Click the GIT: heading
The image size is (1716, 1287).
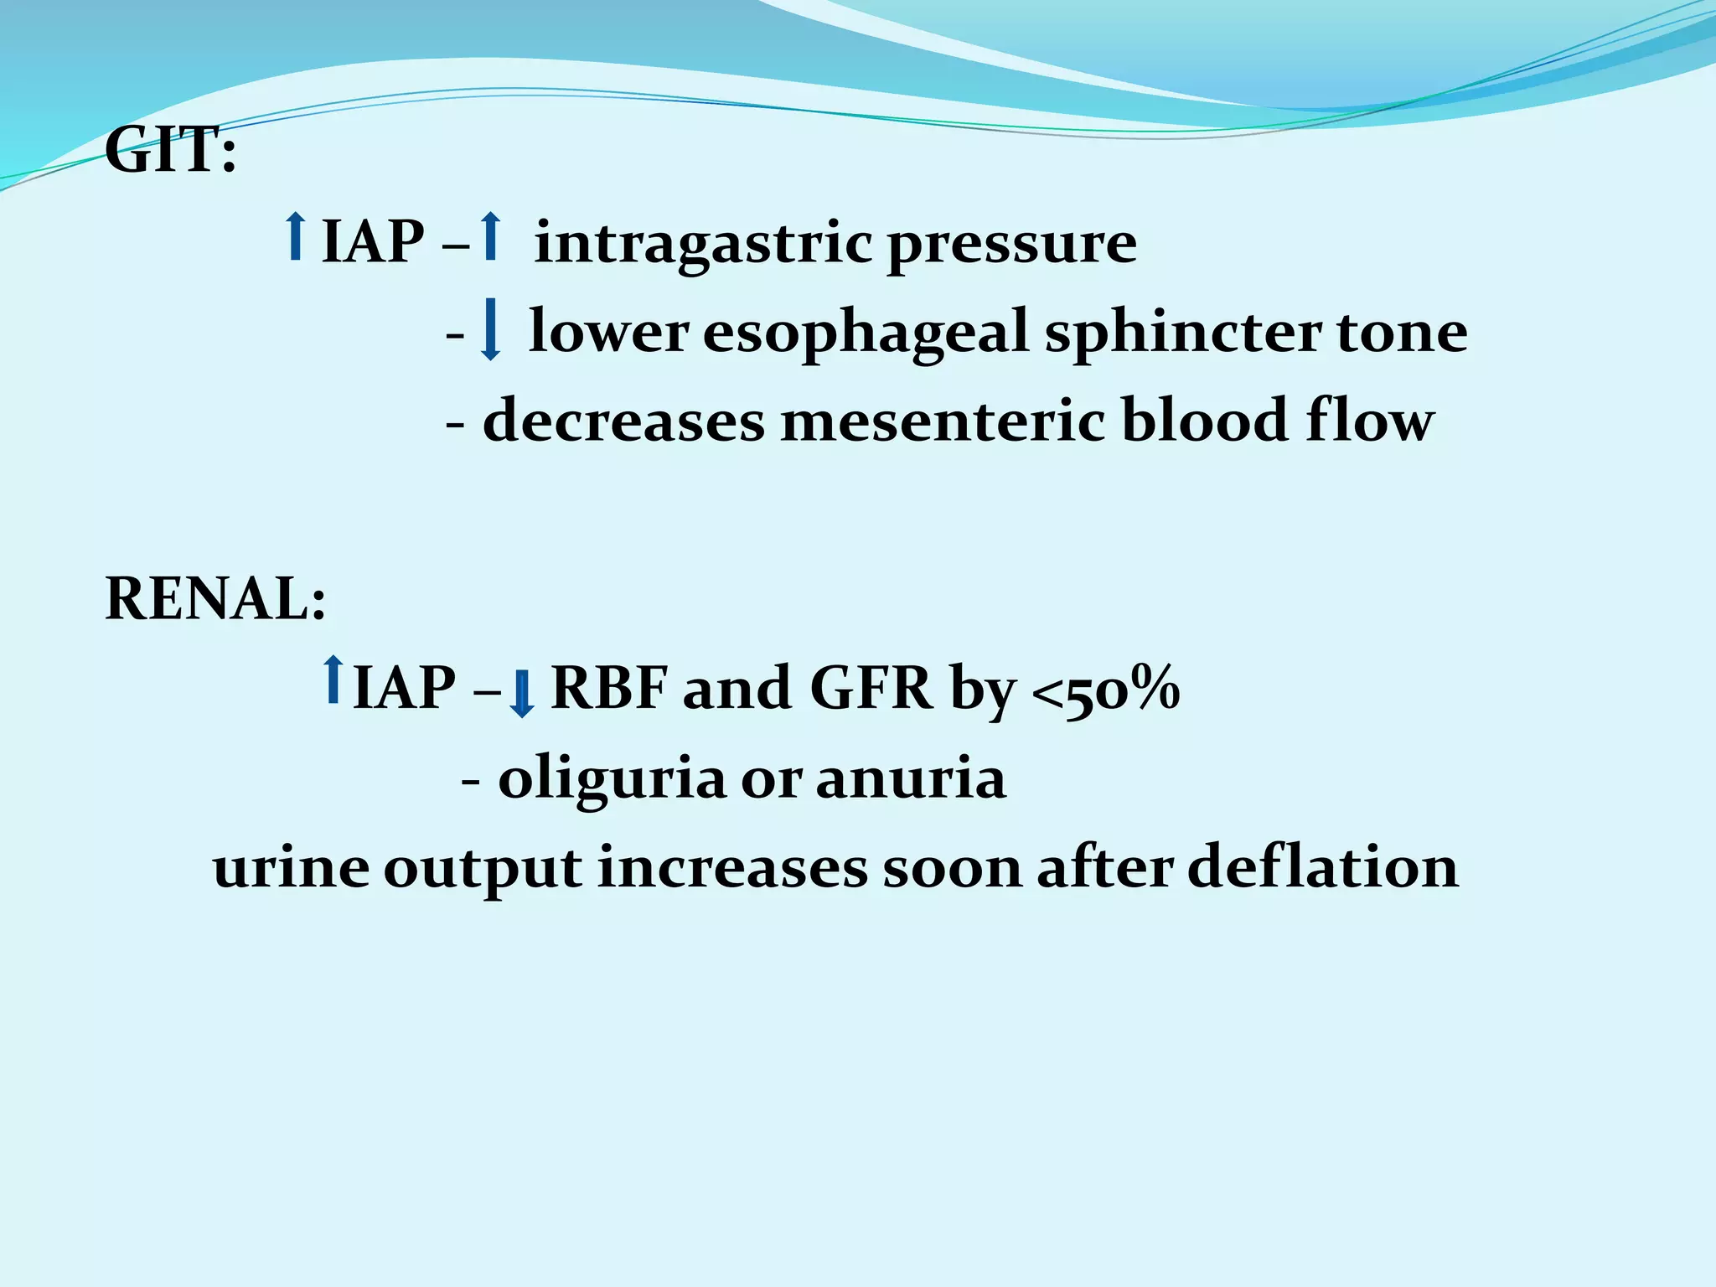pyautogui.click(x=170, y=152)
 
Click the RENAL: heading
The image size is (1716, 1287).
pyautogui.click(x=215, y=600)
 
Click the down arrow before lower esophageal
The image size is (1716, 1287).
pyautogui.click(x=490, y=331)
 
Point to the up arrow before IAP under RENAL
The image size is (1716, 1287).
pyautogui.click(x=333, y=679)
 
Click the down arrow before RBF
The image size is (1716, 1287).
pyautogui.click(x=522, y=694)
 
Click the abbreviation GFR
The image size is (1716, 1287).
pyautogui.click(x=871, y=689)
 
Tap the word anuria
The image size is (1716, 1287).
pyautogui.click(x=910, y=778)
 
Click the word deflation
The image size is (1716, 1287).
pyautogui.click(x=1323, y=867)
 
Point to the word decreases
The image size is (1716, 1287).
pyautogui.click(x=623, y=421)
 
